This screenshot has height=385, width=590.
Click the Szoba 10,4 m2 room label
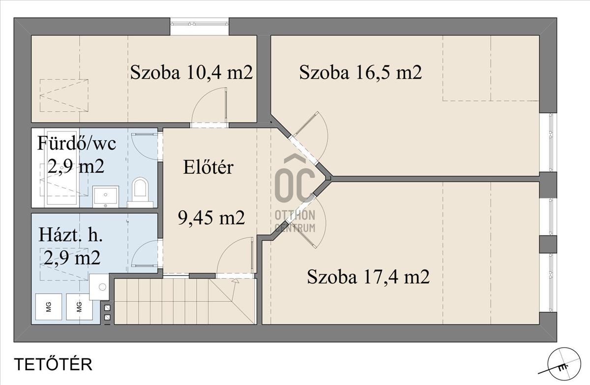pos(191,72)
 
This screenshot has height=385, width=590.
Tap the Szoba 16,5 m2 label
pos(360,72)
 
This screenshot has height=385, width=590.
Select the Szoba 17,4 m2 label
pos(368,277)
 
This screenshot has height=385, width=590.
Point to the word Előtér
pos(208,167)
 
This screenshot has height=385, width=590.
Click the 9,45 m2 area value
pos(211,218)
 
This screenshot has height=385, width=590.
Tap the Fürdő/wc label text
pos(77,144)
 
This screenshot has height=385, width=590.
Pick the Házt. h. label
pos(70,235)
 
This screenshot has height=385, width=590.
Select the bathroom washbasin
pos(106,197)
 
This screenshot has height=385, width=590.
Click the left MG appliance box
pos(49,307)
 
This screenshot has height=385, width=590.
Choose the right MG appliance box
pos(79,307)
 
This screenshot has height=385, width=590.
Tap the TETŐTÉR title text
pos(53,364)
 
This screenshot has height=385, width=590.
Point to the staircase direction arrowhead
pos(235,281)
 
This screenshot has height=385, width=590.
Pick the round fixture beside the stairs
pos(102,287)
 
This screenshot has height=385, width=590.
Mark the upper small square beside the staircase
pos(108,308)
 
